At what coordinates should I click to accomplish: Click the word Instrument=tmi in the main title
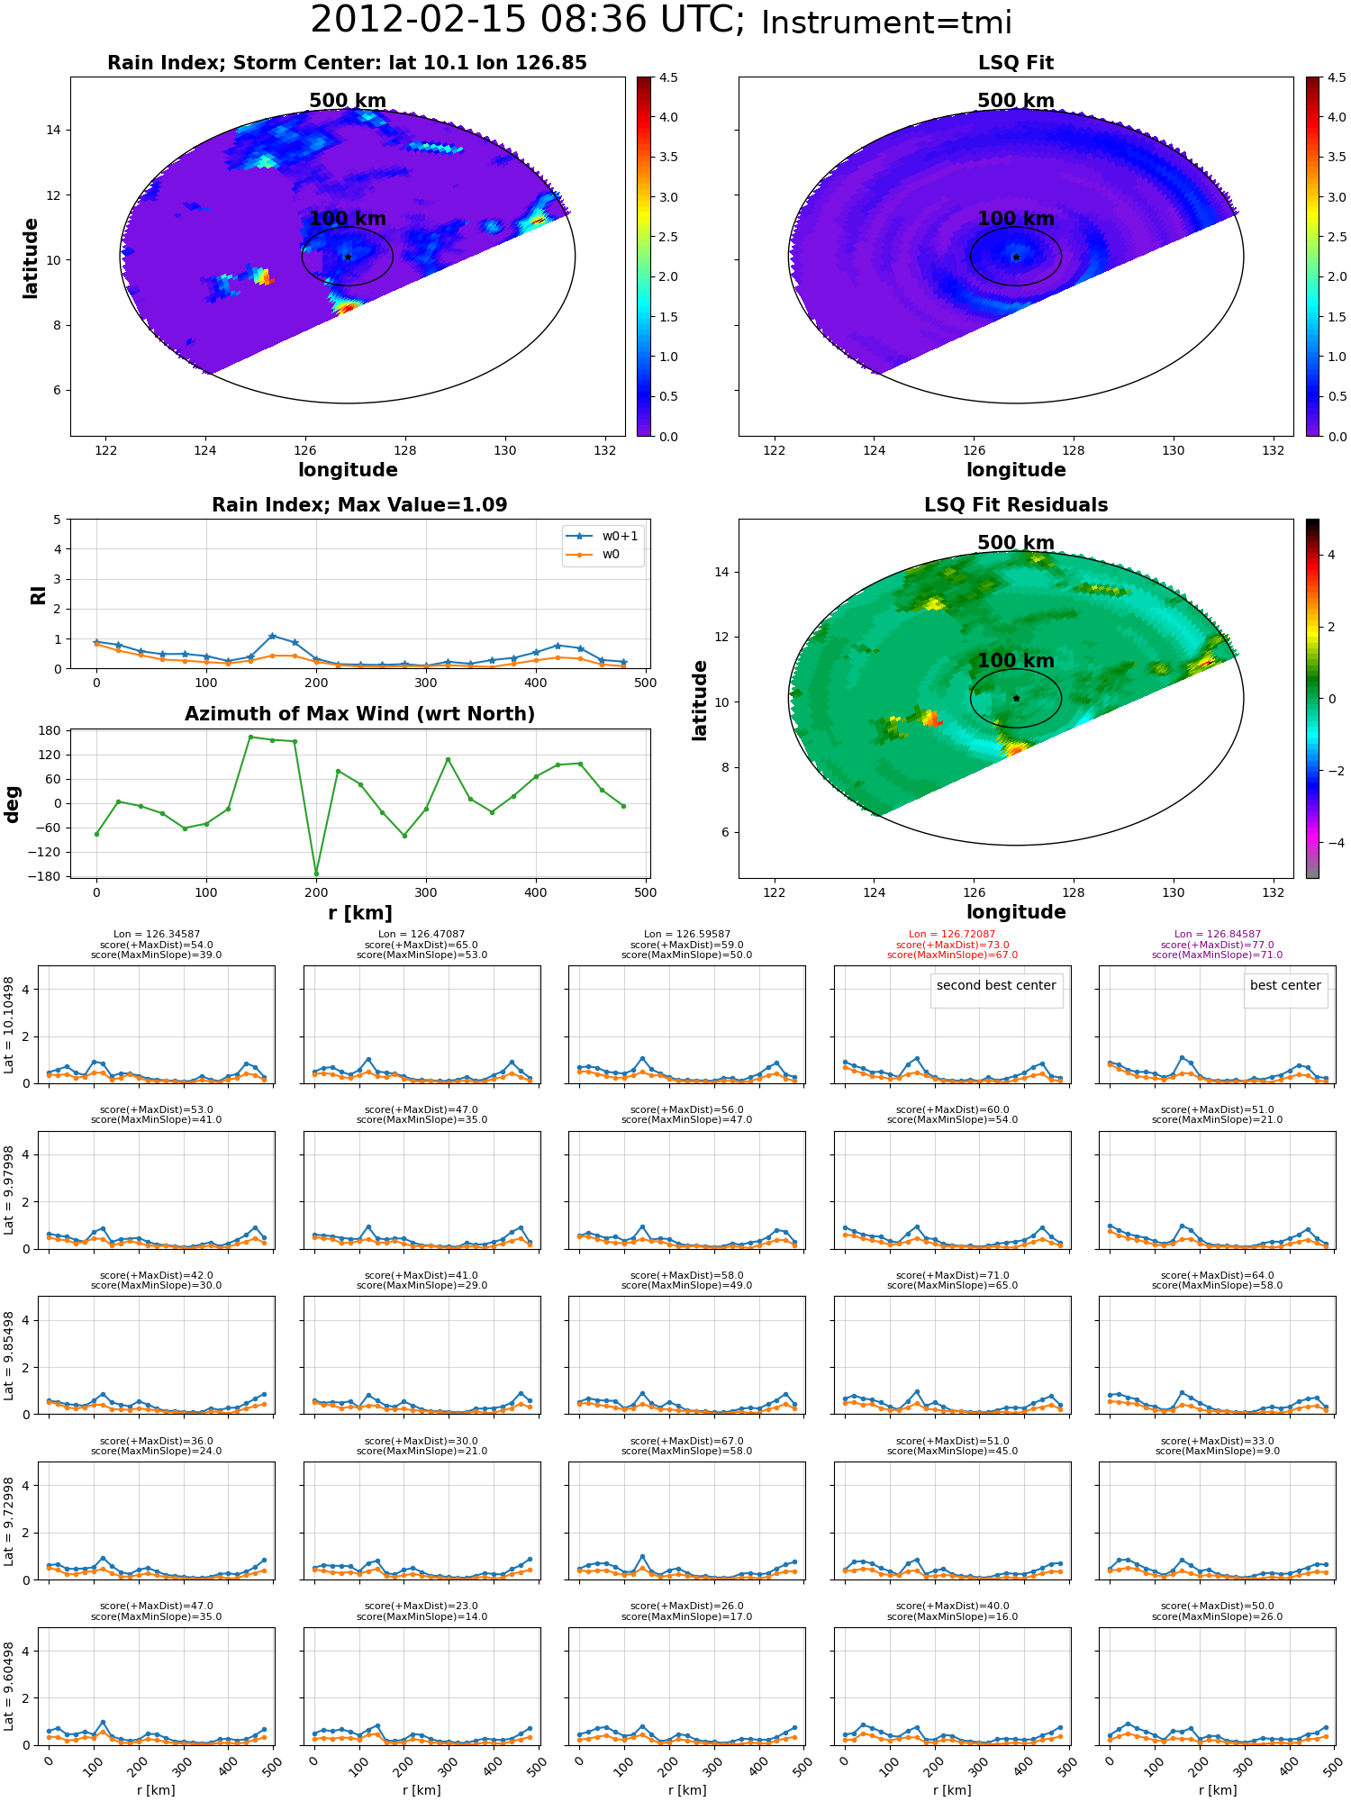(x=886, y=23)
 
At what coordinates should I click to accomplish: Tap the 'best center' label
(x=1285, y=985)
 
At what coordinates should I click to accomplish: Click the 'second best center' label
(x=996, y=985)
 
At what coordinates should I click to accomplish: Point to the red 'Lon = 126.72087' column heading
(x=952, y=934)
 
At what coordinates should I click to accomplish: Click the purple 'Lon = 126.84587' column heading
(x=1217, y=934)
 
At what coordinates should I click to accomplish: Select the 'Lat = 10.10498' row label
(x=9, y=1025)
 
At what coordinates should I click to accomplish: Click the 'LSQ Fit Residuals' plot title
(x=1016, y=505)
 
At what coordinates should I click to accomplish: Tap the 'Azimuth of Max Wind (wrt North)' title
(x=359, y=714)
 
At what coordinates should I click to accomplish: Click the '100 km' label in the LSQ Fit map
(x=1016, y=218)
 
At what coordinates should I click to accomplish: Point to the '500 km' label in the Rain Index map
(x=348, y=101)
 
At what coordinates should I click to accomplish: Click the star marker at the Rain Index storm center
(x=348, y=257)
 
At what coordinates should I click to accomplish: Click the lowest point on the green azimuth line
(x=316, y=873)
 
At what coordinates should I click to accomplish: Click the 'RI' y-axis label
(x=38, y=594)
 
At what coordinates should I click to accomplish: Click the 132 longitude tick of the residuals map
(x=1273, y=892)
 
